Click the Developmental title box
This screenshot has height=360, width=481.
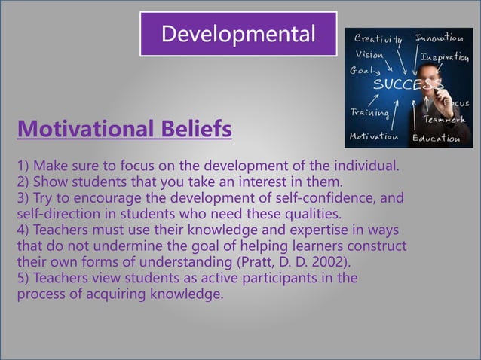(237, 34)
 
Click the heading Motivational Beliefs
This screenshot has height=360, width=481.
(124, 130)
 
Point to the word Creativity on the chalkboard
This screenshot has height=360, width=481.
(378, 38)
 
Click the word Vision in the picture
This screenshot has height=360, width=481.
(369, 55)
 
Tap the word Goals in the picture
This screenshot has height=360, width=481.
(364, 71)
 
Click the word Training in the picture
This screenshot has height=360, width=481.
(369, 113)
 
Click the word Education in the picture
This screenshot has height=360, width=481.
(436, 138)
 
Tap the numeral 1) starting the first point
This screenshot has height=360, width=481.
(23, 166)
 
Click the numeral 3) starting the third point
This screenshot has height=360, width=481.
(23, 198)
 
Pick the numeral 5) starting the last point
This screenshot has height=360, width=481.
(23, 278)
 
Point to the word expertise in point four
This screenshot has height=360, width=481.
(308, 230)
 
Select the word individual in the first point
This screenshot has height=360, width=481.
(369, 166)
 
